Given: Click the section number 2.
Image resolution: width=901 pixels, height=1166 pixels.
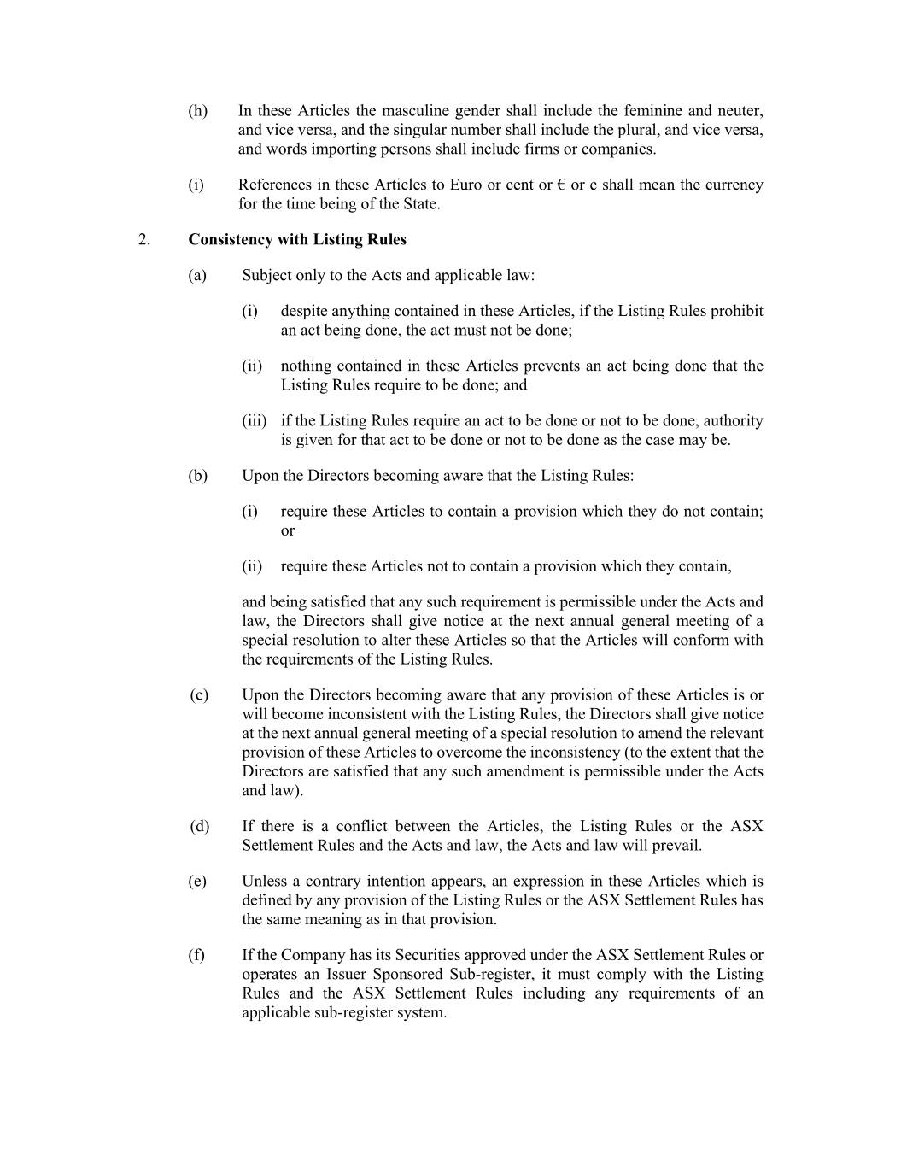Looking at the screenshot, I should click(x=143, y=240).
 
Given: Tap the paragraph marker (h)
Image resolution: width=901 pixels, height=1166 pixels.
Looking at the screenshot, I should click(x=198, y=111).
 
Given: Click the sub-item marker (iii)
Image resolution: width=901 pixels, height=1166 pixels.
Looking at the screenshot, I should click(x=254, y=421).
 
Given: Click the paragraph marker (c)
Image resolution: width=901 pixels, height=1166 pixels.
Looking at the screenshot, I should click(x=199, y=695).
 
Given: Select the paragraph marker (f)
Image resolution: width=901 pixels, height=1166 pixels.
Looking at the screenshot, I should click(x=197, y=956).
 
